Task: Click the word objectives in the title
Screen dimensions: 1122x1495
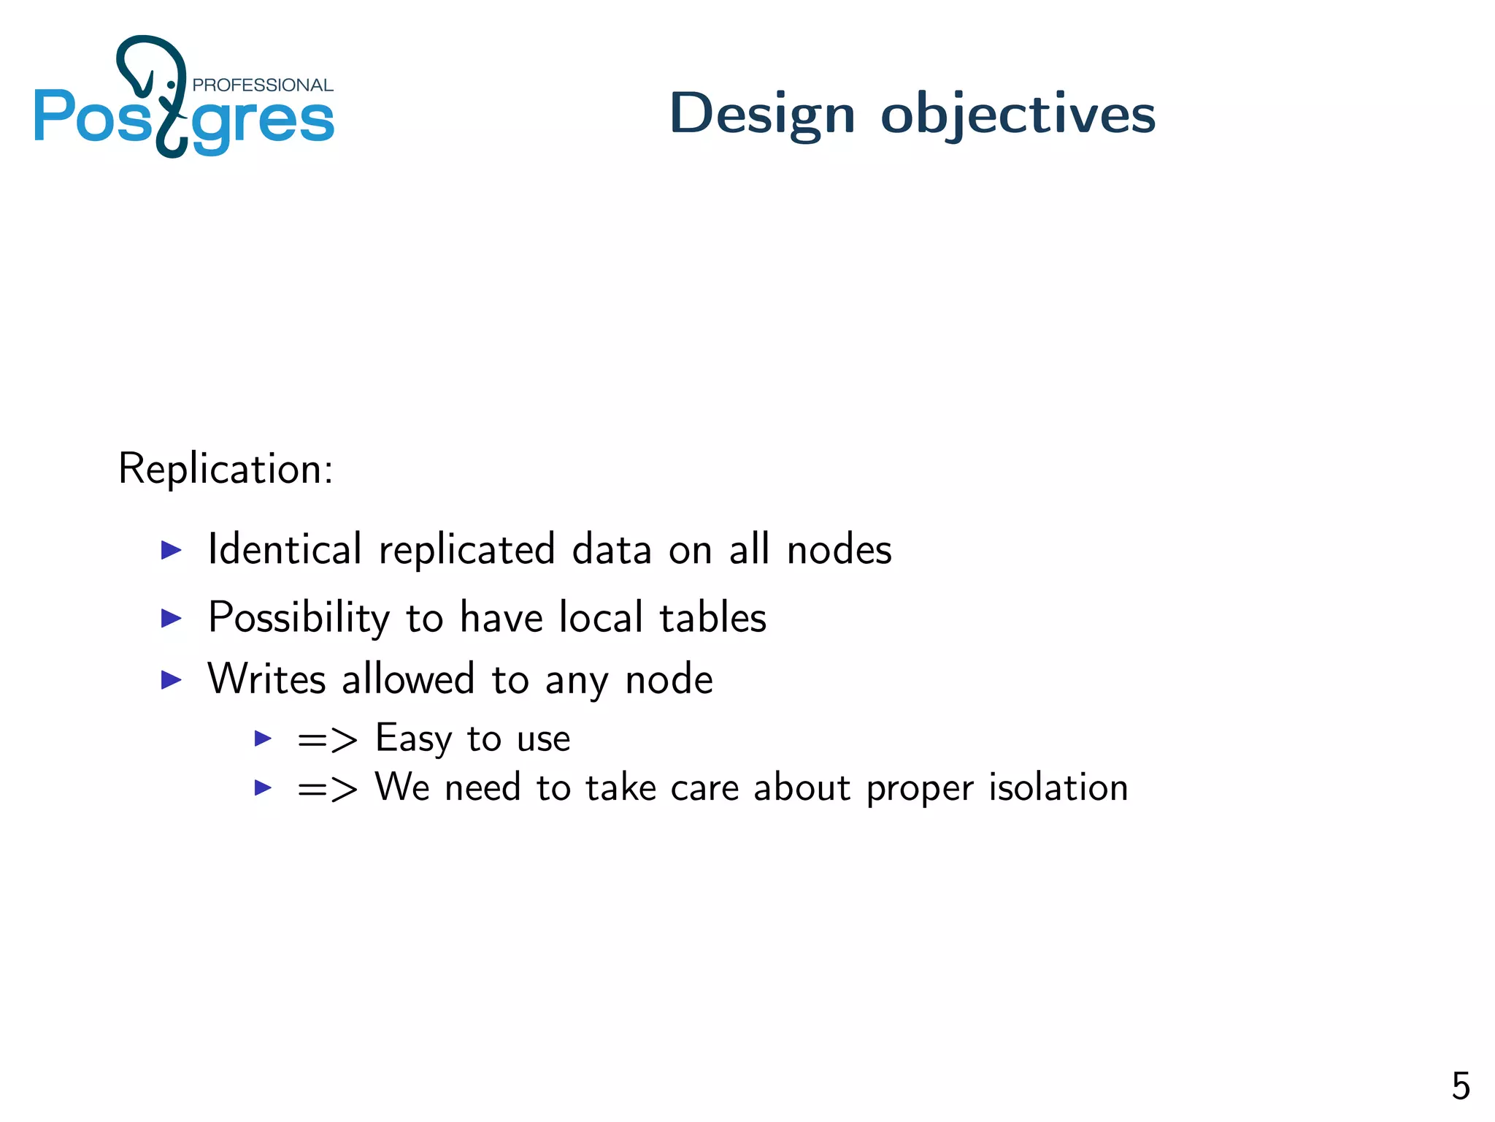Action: point(1018,115)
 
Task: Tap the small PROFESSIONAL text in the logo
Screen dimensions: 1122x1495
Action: point(262,85)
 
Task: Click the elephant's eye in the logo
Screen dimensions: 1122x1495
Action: point(172,85)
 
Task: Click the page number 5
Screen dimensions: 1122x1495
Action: point(1460,1086)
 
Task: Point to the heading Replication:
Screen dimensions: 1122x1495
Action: point(226,468)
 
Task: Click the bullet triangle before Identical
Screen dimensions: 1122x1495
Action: point(171,550)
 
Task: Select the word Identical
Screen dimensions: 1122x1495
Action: point(285,549)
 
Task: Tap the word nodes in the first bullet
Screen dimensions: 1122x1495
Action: point(839,549)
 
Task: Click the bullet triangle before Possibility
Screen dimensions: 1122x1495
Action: point(171,619)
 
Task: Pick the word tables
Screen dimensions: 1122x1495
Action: point(712,618)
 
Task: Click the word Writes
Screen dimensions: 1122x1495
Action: point(266,679)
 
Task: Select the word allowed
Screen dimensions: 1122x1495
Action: point(408,679)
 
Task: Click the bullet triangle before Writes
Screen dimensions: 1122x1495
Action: point(171,680)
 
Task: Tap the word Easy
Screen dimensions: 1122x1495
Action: point(413,739)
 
